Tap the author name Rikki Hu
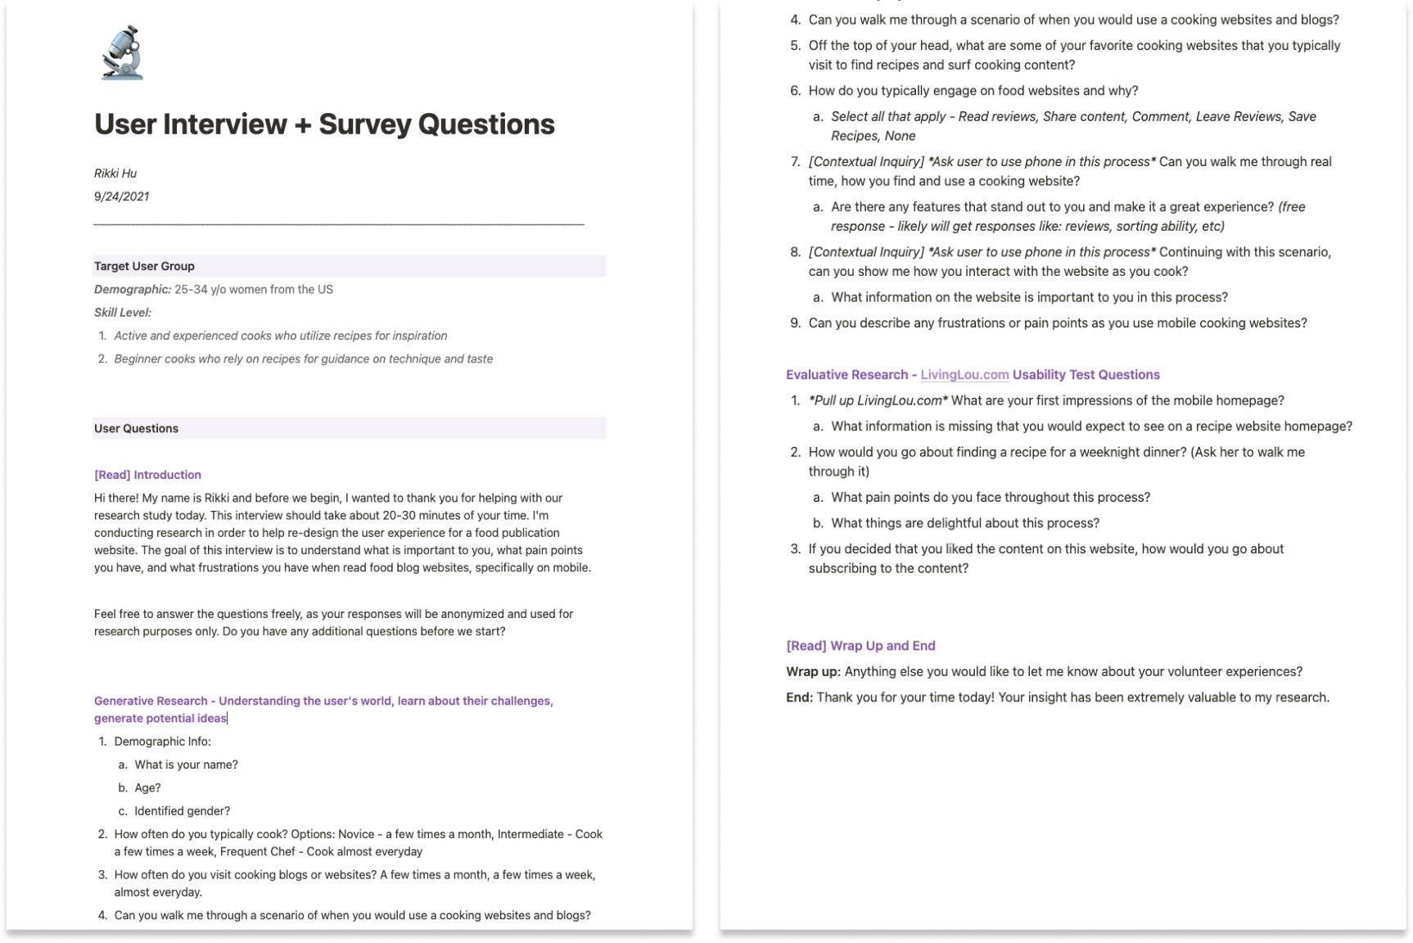[115, 174]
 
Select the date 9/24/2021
[121, 196]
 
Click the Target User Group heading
[144, 266]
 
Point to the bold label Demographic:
[132, 290]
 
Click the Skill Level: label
[123, 313]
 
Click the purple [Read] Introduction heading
[147, 475]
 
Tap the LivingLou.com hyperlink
[964, 375]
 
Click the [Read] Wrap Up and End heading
[860, 646]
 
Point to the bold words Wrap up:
[813, 672]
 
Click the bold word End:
[799, 697]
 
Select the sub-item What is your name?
[186, 765]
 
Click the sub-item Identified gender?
[182, 811]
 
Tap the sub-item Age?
[147, 788]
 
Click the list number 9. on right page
[795, 323]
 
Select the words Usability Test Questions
[1086, 375]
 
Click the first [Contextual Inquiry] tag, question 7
[866, 162]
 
